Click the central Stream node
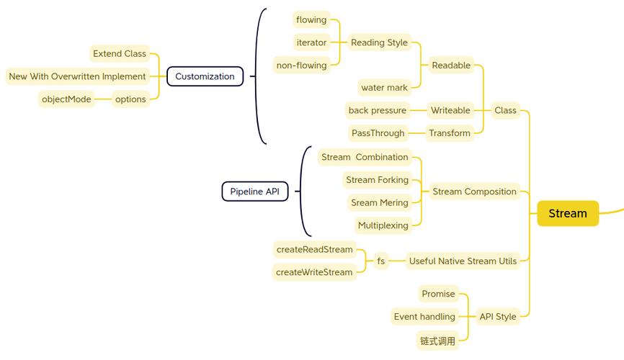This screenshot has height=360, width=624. click(568, 213)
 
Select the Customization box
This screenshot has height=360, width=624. click(205, 76)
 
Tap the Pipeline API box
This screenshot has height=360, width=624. click(254, 192)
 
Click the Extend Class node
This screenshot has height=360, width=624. click(120, 53)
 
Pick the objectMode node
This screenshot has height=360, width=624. click(66, 99)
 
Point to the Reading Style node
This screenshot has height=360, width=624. click(379, 42)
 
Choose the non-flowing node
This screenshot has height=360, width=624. click(301, 66)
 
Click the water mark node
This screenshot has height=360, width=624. click(384, 88)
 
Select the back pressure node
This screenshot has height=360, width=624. click(378, 110)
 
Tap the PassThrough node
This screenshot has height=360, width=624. click(378, 133)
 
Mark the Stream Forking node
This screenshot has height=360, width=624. click(377, 180)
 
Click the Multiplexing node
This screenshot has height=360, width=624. click(383, 225)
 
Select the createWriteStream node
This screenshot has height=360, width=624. click(314, 272)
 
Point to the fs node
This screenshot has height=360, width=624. click(381, 261)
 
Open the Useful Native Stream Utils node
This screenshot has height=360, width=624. click(463, 261)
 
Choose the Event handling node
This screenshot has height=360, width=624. click(424, 317)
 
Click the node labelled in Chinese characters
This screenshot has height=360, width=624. click(438, 341)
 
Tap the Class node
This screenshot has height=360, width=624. click(505, 110)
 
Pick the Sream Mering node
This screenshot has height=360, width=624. click(380, 203)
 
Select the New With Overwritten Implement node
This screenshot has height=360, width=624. click(77, 76)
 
